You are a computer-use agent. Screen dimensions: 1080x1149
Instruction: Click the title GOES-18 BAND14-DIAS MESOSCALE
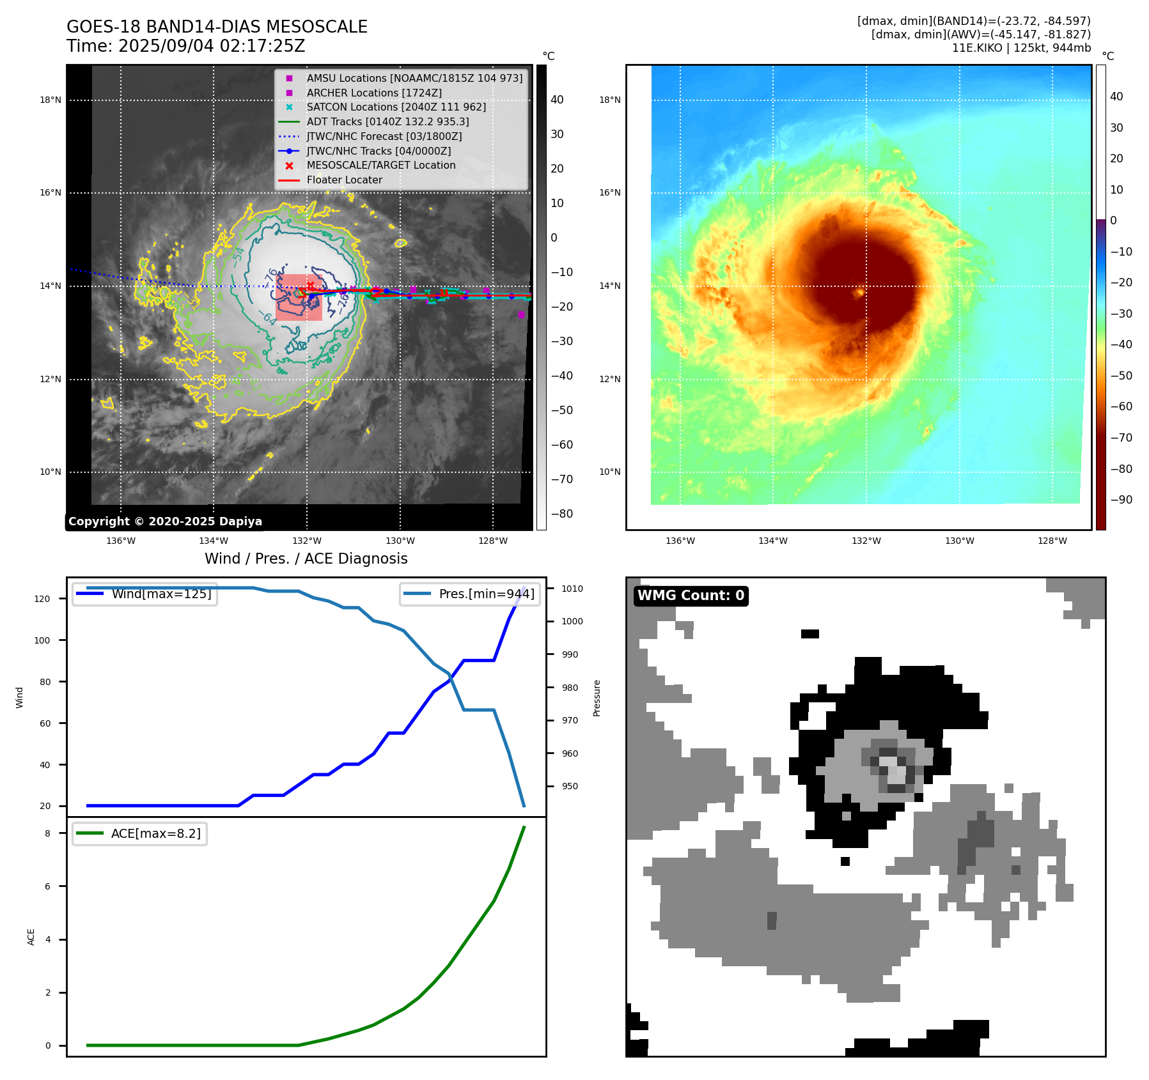pos(217,27)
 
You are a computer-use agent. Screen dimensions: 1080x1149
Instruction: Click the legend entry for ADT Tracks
pos(387,121)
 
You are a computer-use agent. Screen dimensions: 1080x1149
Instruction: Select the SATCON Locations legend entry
pos(396,107)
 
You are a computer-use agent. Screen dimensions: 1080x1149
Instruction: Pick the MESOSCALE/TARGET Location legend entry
pos(380,165)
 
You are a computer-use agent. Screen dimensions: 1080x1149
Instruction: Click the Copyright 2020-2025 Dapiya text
pos(165,521)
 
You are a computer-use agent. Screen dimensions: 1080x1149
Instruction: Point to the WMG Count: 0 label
pos(691,596)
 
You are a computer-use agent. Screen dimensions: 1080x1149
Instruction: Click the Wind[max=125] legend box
pos(145,594)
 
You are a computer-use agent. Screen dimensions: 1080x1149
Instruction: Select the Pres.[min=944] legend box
pos(471,594)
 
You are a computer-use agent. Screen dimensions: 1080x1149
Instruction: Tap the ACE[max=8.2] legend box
pos(139,833)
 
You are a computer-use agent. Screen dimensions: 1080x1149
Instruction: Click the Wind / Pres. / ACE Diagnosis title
pos(306,559)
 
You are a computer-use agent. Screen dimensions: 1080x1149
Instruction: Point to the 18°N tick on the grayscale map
pos(51,100)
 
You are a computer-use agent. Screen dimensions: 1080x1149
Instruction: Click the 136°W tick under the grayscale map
pos(121,541)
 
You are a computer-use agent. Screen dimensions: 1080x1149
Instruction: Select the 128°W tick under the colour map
pos(1052,541)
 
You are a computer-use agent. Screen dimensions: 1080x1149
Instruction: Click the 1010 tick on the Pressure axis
pos(572,589)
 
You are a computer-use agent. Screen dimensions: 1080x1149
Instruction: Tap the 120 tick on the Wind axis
pos(42,599)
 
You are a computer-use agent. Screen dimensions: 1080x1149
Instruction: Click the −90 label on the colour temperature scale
pos(1121,500)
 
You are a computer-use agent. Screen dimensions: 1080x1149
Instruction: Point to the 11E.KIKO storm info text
pos(1021,48)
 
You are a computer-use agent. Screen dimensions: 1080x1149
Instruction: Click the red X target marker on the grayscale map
pos(311,285)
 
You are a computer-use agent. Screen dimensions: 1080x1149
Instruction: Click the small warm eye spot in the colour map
pos(860,293)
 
